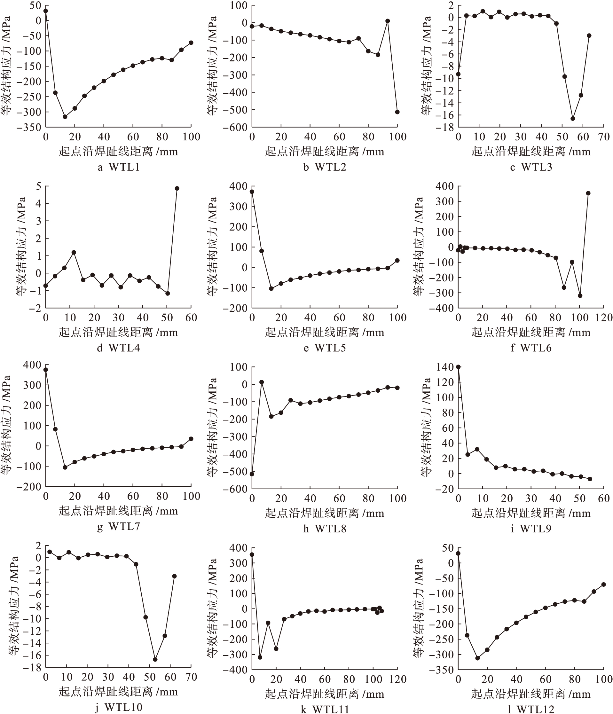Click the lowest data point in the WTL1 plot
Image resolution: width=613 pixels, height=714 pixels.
coord(65,117)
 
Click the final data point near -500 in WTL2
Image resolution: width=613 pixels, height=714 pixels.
coord(397,112)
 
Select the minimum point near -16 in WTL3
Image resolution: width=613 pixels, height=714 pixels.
coord(573,119)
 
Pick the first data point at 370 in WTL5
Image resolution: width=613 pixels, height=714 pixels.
coord(252,192)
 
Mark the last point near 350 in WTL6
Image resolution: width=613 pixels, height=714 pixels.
coord(588,193)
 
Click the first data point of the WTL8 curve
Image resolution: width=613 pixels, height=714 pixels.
coord(252,474)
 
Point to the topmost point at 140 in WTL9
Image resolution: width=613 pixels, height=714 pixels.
coord(458,367)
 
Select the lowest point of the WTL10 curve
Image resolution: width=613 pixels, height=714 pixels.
coord(155,660)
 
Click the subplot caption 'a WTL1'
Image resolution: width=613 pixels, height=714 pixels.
coord(119,168)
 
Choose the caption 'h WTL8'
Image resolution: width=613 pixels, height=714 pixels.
coord(325,529)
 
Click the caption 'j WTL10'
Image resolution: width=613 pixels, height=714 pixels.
coord(118,708)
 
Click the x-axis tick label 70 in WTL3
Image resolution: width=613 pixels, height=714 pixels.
coord(604,137)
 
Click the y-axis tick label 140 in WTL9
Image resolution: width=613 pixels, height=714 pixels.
coord(444,367)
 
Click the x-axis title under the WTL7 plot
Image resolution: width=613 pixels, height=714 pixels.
coord(118,511)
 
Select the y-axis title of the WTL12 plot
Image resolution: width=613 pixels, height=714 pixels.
coord(418,608)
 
